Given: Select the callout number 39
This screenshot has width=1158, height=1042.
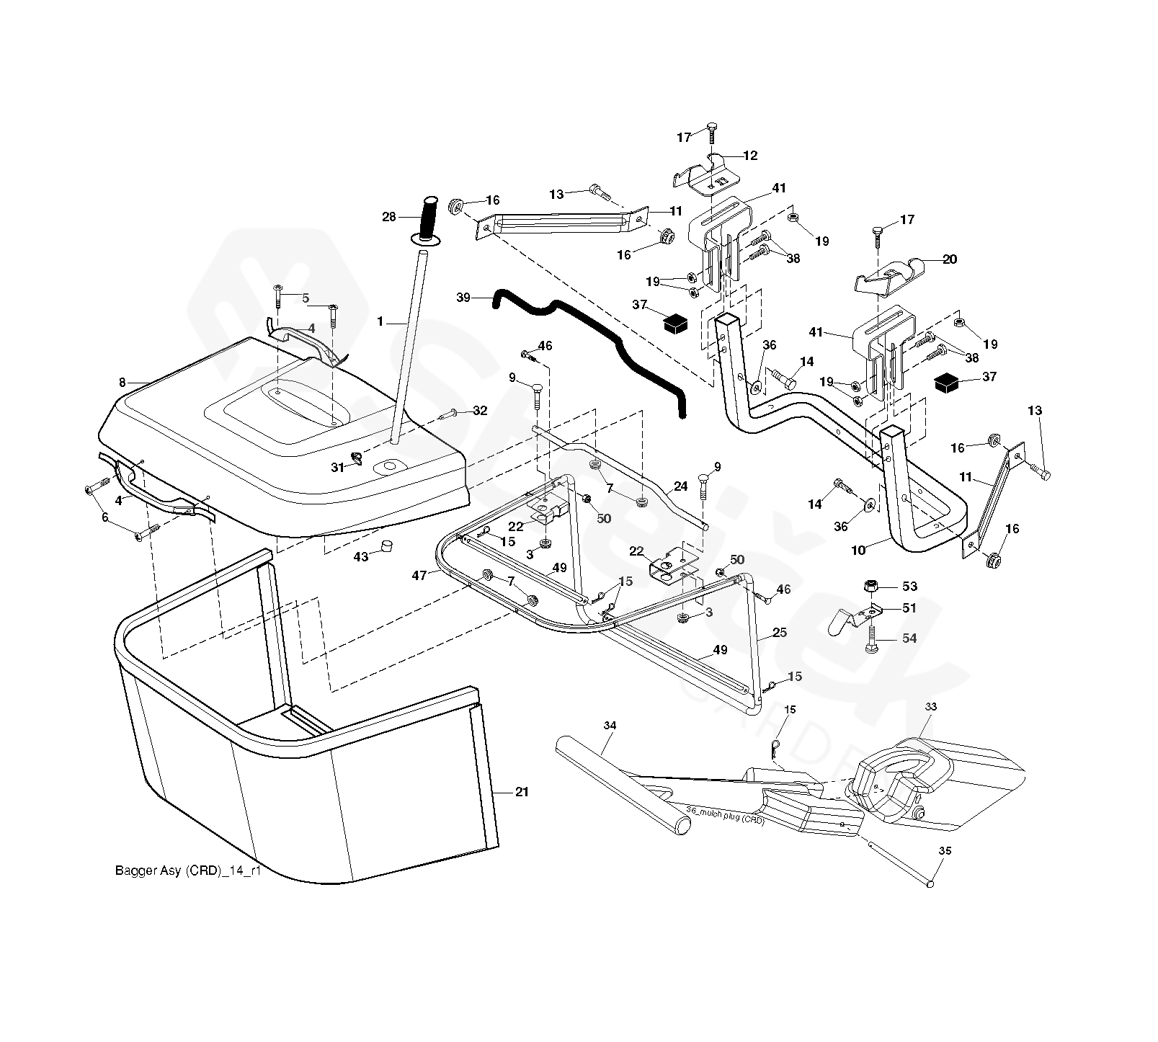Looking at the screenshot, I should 464,298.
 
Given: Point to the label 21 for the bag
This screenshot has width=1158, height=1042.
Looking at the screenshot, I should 522,792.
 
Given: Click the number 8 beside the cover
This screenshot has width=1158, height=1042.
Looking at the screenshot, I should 122,383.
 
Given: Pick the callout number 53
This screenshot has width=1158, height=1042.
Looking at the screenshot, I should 909,587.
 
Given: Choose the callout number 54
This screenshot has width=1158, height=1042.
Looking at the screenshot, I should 909,638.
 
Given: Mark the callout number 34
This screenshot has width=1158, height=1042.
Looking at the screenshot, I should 610,726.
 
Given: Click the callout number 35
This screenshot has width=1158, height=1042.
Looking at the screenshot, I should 945,851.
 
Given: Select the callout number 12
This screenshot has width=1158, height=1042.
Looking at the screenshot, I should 751,155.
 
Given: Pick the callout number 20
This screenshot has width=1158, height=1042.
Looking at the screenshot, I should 950,259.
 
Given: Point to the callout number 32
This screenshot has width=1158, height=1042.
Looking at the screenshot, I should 480,411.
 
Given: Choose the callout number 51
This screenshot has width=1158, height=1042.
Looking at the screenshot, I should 909,608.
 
